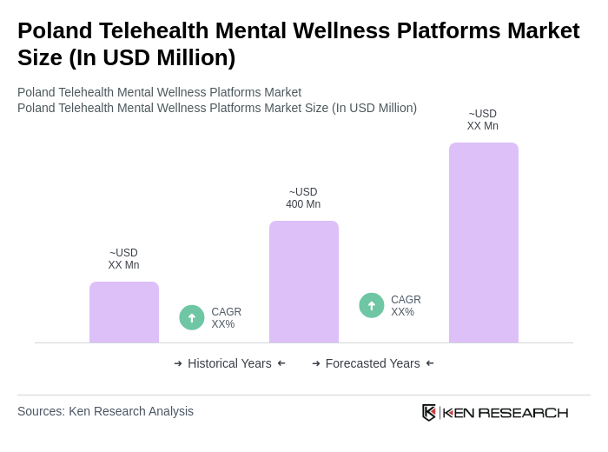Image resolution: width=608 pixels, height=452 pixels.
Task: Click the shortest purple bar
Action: coord(124,312)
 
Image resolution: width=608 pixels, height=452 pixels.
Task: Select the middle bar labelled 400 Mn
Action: coord(304,282)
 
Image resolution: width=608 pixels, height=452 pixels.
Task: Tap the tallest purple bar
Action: coord(483,243)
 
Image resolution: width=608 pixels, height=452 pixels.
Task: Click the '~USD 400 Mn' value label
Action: coord(303,198)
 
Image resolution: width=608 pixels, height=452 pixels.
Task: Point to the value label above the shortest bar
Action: coord(123,259)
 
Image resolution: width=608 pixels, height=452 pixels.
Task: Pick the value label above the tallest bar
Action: coord(483,120)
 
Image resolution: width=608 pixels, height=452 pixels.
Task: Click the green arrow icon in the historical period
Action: coord(192,317)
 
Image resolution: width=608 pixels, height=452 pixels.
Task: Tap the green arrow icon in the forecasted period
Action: coord(372,305)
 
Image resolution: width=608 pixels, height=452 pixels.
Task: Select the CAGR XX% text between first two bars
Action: coord(226,318)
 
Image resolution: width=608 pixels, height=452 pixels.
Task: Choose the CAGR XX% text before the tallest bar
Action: coord(406,306)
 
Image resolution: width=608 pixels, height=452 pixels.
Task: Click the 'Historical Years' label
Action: coord(229,363)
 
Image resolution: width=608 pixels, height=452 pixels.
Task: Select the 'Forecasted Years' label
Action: coord(373,363)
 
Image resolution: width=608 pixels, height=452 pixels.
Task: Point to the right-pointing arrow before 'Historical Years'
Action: coord(178,363)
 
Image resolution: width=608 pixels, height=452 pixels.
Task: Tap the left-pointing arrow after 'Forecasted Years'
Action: coord(430,363)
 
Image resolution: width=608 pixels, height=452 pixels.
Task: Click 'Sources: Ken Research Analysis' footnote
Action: coord(105,411)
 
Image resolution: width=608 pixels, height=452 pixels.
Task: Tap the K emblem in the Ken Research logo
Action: coord(429,412)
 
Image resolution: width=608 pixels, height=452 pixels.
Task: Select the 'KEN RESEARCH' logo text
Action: coord(506,412)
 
